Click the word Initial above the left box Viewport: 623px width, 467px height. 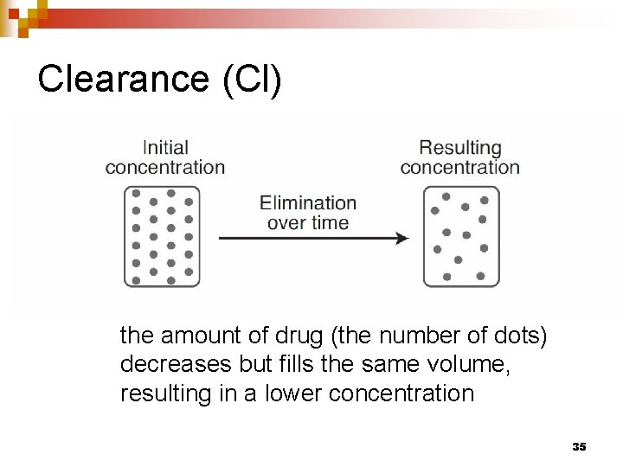click(x=165, y=148)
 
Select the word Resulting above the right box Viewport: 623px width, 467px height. click(x=459, y=148)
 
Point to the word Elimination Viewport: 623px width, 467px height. click(x=308, y=203)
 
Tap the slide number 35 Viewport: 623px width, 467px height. click(x=579, y=446)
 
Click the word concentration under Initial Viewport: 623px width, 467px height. click(x=165, y=168)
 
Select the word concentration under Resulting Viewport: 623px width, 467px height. click(x=459, y=168)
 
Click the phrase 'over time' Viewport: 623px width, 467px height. click(x=308, y=223)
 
